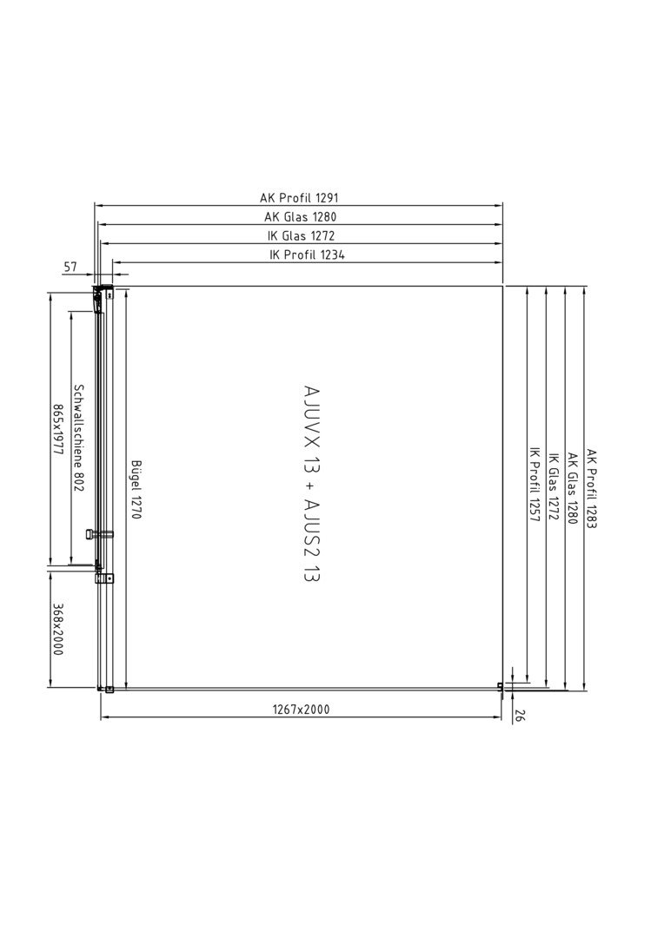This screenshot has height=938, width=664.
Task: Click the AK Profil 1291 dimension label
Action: (x=299, y=198)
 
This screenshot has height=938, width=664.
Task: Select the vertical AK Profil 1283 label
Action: (x=592, y=489)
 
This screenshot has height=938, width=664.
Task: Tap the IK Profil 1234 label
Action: (x=307, y=254)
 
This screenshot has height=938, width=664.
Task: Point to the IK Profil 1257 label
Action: (x=535, y=484)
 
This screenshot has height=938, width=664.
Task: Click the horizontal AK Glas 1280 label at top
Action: (x=301, y=217)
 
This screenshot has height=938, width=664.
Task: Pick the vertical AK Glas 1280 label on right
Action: (x=572, y=489)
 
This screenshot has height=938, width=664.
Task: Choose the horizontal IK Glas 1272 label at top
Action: (x=302, y=235)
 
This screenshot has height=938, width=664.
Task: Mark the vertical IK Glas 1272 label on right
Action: (x=554, y=486)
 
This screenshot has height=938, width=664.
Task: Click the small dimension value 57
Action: (x=70, y=267)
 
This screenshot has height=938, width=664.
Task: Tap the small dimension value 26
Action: (x=519, y=716)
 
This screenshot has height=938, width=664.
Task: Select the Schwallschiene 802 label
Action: (x=78, y=437)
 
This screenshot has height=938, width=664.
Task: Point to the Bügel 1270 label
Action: (x=136, y=489)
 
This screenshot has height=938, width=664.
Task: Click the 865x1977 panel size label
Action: (x=58, y=430)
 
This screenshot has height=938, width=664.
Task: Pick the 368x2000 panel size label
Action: (x=57, y=629)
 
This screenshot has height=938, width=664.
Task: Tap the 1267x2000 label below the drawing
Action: (x=302, y=710)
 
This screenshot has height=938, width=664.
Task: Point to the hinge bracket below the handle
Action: (x=105, y=578)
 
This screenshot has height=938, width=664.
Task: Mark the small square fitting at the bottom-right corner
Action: (x=501, y=687)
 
